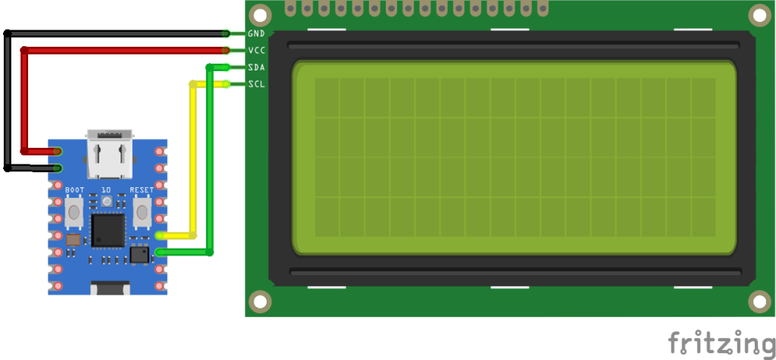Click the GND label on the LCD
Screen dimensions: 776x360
pos(256,33)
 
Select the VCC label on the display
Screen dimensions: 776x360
pos(256,51)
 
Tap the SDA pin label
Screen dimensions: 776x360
pos(256,67)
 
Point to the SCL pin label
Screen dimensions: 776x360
pos(256,84)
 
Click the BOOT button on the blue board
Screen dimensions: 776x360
pos(74,211)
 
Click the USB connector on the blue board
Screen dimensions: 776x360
pos(109,154)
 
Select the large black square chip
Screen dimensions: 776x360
pos(108,230)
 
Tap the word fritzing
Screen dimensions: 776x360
pos(721,342)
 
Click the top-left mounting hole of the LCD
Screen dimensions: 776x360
pos(261,15)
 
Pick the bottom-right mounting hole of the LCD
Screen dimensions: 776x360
pos(760,301)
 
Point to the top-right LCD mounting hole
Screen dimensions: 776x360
pos(760,15)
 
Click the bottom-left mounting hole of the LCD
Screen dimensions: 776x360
pos(261,301)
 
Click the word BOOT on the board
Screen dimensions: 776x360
pos(75,189)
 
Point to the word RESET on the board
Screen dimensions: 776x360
pos(142,189)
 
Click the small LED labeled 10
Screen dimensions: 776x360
pos(106,201)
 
